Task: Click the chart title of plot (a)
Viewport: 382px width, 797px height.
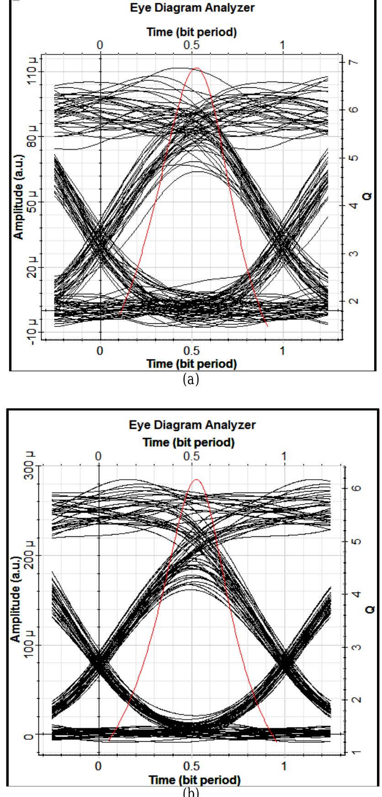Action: point(191,8)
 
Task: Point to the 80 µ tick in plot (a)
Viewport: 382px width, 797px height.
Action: point(32,136)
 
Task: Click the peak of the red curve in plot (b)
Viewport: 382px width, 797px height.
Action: point(196,480)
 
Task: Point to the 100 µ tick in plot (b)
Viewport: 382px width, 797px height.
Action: point(32,645)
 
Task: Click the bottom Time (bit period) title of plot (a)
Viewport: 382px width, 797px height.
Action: point(191,364)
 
